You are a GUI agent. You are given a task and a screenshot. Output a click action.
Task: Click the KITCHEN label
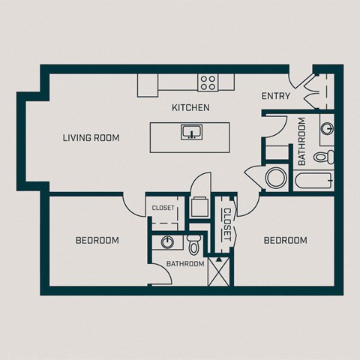point(190,108)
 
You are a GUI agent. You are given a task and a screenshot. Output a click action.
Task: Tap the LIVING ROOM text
point(91,138)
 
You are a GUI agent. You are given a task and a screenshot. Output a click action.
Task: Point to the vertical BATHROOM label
point(302,141)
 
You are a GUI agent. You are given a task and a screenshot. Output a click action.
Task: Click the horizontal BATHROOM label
point(185,264)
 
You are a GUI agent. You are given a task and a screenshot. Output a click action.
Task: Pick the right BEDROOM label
point(286,241)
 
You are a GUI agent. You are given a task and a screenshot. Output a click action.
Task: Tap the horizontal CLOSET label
point(163,208)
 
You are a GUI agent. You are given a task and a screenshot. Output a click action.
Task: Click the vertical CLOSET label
point(226,223)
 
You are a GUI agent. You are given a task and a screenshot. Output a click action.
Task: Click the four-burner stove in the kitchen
point(208,82)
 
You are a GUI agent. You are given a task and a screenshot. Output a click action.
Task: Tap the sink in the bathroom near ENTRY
point(328,127)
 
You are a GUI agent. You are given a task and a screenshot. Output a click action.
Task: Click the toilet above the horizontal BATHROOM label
point(193,244)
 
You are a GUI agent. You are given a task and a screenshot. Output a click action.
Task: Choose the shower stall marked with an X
point(219,271)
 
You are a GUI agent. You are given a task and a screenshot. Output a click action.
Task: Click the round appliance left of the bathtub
point(276,178)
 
